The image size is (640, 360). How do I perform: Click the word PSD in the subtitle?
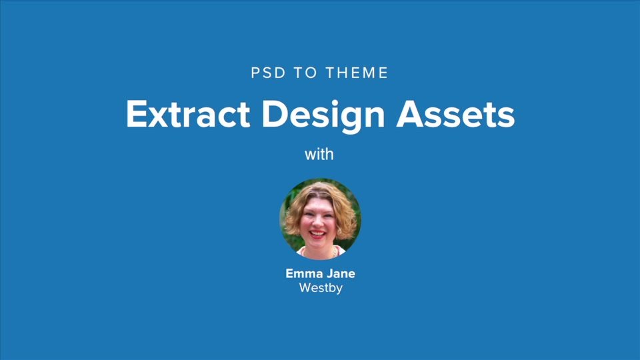click(x=267, y=73)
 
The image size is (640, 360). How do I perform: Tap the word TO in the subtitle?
click(x=303, y=73)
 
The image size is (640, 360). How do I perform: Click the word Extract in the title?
click(x=187, y=115)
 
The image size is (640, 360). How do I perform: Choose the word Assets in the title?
click(x=456, y=115)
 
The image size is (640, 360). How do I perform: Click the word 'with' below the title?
click(x=319, y=155)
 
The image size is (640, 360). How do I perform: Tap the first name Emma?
click(x=303, y=274)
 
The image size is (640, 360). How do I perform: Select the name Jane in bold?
click(x=341, y=274)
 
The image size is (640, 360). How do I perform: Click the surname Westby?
click(x=321, y=289)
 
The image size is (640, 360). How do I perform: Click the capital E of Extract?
click(x=135, y=115)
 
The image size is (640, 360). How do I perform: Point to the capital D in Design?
click(x=274, y=115)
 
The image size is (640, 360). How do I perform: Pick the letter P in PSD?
click(x=255, y=73)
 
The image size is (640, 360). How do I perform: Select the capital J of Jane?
click(x=330, y=274)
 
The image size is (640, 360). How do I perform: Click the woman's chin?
click(x=317, y=244)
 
